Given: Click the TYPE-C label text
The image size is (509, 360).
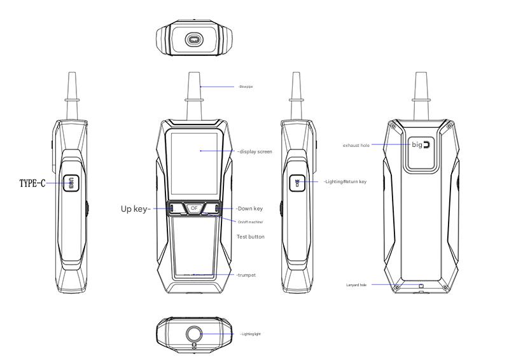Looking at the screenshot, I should tap(32, 184).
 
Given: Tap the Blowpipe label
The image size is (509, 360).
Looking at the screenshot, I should tap(246, 87).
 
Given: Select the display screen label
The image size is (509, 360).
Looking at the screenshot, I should tap(254, 151).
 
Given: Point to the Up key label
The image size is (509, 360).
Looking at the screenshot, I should tap(136, 209).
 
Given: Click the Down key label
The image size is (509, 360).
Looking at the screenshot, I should tap(249, 209).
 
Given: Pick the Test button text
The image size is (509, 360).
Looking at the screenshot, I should tap(250, 237).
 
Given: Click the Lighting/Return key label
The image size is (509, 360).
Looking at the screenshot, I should tap(345, 182).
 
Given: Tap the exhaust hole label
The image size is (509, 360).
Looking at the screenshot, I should tap(356, 146).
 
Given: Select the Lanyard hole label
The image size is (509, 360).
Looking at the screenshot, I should tap(356, 285).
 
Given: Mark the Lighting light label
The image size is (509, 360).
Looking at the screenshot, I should tap(250, 334).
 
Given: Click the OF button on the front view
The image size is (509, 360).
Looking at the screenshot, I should tap(194, 208).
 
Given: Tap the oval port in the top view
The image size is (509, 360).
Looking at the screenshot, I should tap(193, 40).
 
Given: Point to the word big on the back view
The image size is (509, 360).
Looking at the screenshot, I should tap(417, 144).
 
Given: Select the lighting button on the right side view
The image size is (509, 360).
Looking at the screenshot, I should tap(296, 183).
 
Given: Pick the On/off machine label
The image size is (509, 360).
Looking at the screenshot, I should tap(250, 222).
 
